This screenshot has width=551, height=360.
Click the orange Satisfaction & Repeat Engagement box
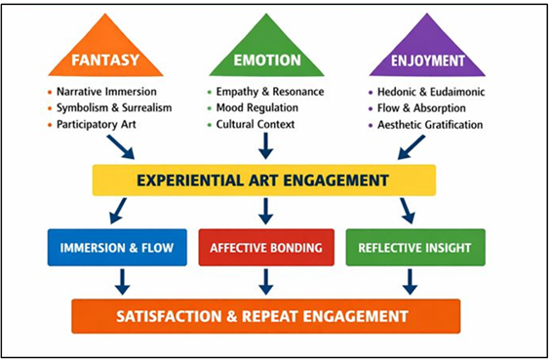[264, 315]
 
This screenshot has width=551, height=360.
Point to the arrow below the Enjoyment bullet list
[411, 147]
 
